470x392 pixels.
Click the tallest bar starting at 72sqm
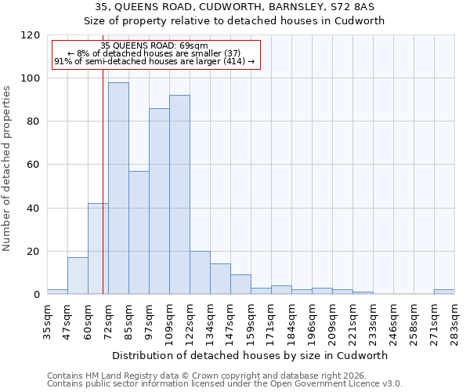118,188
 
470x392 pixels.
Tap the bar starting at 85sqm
139,232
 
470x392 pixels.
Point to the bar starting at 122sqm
200,272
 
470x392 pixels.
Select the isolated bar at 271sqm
444,292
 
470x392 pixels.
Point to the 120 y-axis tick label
31,35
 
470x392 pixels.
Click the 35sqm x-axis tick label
47,318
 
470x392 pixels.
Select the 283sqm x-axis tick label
454,318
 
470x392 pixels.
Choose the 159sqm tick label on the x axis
251,318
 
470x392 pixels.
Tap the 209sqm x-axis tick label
332,318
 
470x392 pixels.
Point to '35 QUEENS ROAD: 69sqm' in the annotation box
154,46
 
